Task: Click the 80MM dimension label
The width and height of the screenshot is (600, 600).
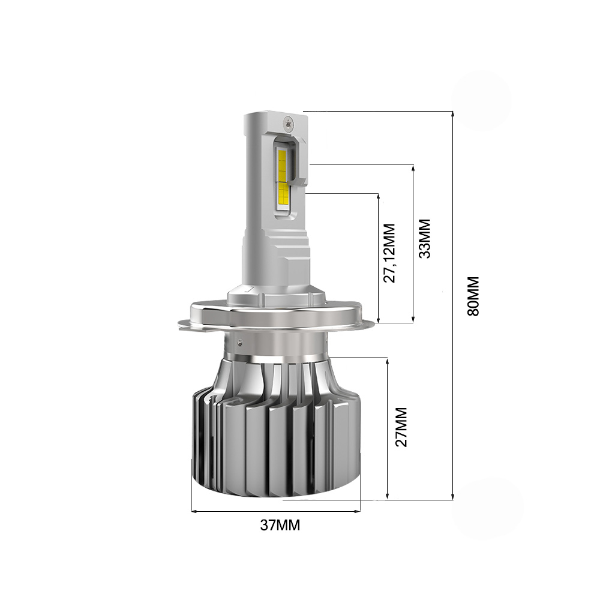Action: (473, 296)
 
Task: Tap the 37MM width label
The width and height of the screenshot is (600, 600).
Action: (280, 526)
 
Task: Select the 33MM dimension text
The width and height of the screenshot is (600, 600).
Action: (425, 238)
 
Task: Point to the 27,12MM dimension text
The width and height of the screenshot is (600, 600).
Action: (391, 253)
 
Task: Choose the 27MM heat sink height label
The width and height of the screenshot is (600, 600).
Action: (401, 427)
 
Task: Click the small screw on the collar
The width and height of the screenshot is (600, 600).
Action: (239, 343)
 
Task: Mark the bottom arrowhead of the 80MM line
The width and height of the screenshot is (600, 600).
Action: (452, 497)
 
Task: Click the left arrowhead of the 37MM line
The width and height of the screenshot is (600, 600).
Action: (194, 511)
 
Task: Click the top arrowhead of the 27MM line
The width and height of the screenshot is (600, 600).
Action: (387, 358)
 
